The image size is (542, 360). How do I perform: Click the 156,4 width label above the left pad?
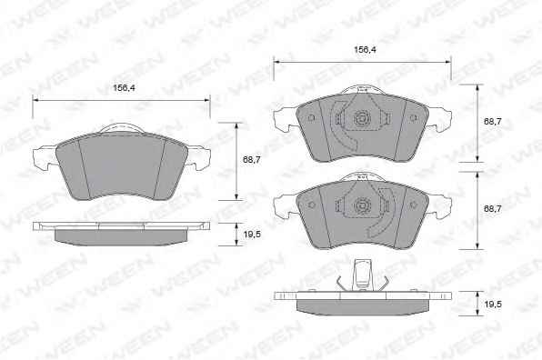click(x=124, y=88)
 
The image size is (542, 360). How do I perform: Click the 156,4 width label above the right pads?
click(x=365, y=50)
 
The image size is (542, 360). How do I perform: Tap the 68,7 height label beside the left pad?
click(x=252, y=160)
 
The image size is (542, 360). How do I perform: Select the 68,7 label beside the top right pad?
click(x=493, y=122)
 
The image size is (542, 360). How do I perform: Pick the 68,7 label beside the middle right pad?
click(x=493, y=209)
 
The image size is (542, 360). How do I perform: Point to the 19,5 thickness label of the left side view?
click(x=252, y=235)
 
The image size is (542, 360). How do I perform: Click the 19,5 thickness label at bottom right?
click(x=493, y=305)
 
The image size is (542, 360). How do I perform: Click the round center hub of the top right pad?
click(x=362, y=119)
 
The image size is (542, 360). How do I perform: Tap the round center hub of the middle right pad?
click(x=362, y=206)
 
